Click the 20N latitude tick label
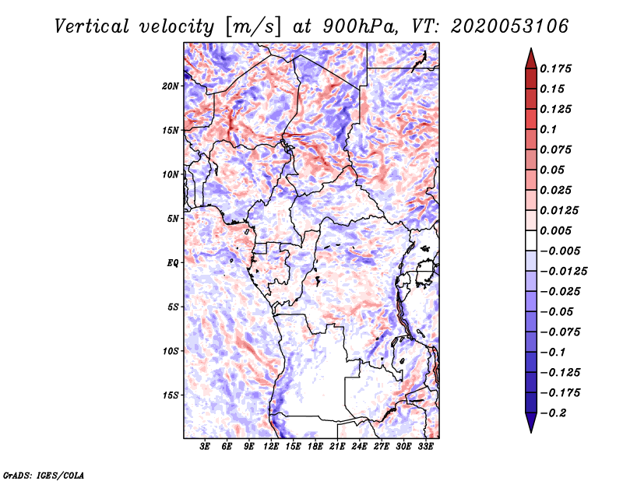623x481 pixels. click(171, 86)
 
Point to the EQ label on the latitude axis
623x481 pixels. click(173, 262)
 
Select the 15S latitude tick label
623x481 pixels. click(171, 395)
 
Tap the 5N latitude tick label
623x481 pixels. click(173, 218)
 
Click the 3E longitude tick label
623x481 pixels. click(206, 447)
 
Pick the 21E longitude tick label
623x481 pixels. click(338, 447)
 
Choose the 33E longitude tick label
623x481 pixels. click(426, 447)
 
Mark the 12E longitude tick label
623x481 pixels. click(272, 447)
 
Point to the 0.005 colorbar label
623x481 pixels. click(557, 230)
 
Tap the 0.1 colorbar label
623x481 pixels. click(549, 129)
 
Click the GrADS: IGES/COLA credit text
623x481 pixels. click(44, 474)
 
